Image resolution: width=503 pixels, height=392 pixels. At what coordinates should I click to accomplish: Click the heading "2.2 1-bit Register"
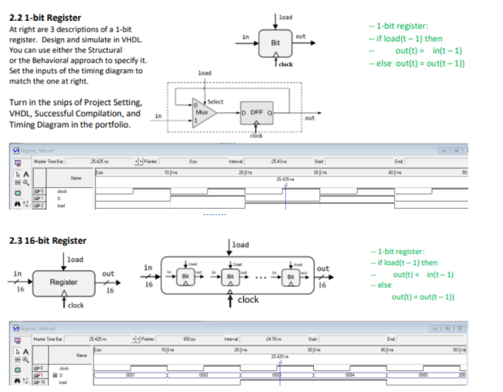pos(44,18)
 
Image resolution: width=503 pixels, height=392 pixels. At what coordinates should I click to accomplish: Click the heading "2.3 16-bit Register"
pos(48,240)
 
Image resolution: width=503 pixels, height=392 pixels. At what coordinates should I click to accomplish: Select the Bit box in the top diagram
pos(275,42)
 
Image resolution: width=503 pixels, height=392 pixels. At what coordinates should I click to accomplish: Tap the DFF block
pos(256,112)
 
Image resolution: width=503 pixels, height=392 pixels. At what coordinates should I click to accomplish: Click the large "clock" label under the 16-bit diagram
pos(248,300)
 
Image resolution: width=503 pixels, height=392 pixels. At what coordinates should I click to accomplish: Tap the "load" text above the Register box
pos(75,259)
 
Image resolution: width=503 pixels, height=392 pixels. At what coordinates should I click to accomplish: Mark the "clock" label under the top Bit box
pos(286,64)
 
